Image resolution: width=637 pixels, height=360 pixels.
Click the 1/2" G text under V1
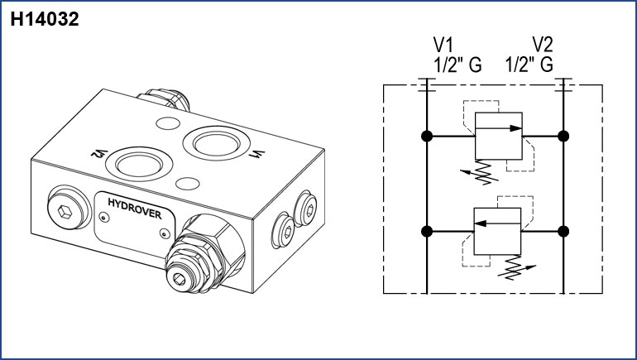[x=457, y=65]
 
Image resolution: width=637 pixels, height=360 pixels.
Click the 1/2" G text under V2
[x=529, y=65]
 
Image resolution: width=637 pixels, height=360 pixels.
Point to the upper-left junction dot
[x=426, y=136]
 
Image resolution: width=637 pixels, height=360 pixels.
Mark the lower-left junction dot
[x=426, y=232]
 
